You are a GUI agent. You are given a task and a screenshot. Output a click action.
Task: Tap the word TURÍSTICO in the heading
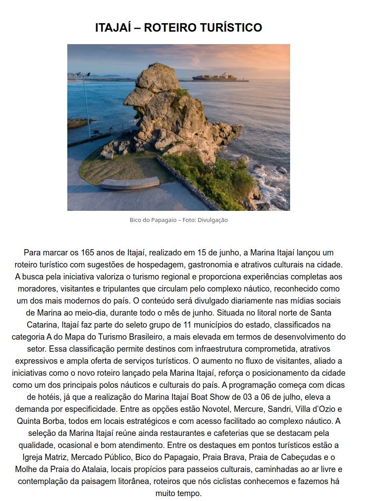(x=233, y=28)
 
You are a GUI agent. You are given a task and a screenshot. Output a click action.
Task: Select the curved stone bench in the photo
(x=130, y=183)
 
